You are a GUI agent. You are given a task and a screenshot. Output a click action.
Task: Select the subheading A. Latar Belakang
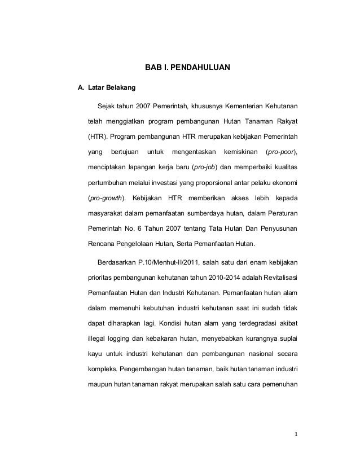click(x=106, y=89)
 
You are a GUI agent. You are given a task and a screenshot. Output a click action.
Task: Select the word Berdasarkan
click(x=117, y=262)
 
